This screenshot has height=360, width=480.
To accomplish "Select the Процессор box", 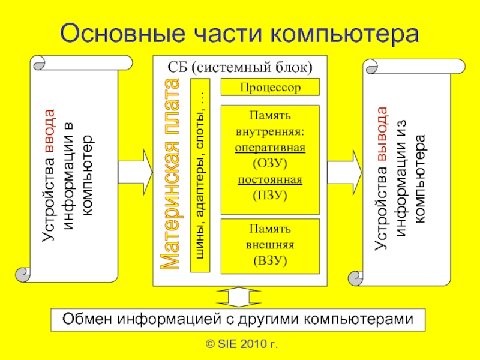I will [269, 88].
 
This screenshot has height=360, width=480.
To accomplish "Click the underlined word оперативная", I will [271, 148].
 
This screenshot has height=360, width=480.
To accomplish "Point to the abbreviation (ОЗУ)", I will [270, 163].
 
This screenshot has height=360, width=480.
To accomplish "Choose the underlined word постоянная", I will [270, 179].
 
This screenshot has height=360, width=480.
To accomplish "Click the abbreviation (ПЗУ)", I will [270, 195].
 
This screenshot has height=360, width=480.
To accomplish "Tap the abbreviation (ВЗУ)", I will [270, 260].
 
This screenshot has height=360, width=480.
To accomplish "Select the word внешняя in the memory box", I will [270, 245].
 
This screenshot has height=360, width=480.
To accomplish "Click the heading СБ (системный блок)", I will [240, 66].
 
